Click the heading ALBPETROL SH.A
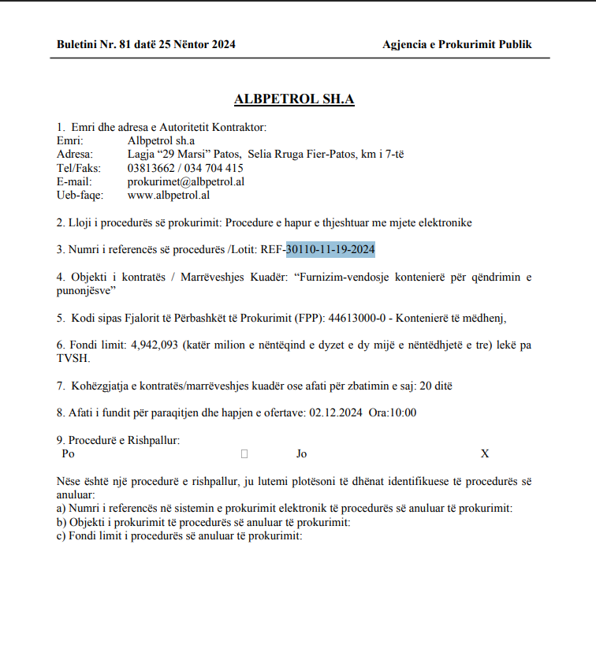click(x=294, y=99)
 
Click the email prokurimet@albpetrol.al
click(x=185, y=181)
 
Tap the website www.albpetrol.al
click(x=168, y=195)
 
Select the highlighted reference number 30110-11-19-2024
click(x=330, y=250)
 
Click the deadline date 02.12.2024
click(x=337, y=412)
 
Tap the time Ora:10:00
click(x=392, y=412)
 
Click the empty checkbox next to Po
click(x=244, y=454)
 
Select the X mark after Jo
click(x=485, y=453)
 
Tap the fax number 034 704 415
click(x=214, y=168)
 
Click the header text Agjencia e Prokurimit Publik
click(x=457, y=44)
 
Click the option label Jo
click(x=302, y=453)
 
